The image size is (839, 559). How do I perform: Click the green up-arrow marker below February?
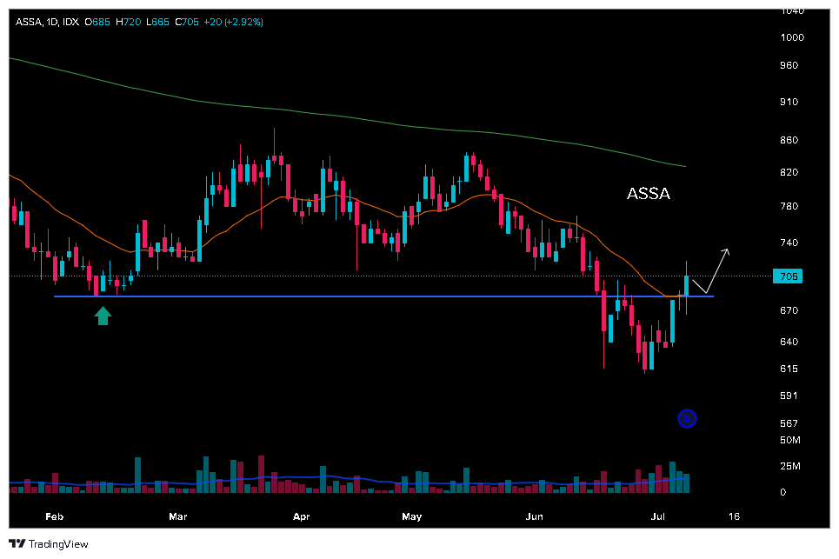pyautogui.click(x=103, y=316)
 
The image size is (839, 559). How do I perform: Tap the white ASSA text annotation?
pyautogui.click(x=649, y=194)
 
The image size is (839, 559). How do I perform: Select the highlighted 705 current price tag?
pyautogui.click(x=786, y=276)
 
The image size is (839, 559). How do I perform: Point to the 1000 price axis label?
pyautogui.click(x=792, y=37)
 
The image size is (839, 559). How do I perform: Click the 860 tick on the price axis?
pyautogui.click(x=789, y=140)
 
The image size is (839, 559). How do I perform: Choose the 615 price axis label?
pyautogui.click(x=789, y=369)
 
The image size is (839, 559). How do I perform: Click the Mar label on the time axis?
pyautogui.click(x=178, y=517)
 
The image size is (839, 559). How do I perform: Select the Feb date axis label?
pyautogui.click(x=55, y=517)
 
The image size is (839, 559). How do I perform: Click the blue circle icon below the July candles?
pyautogui.click(x=687, y=419)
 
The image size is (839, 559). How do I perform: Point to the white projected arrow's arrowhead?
pyautogui.click(x=726, y=251)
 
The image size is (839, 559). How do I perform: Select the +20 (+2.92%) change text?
pyautogui.click(x=233, y=21)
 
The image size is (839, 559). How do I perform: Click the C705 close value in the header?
pyautogui.click(x=187, y=21)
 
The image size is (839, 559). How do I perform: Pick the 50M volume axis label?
pyautogui.click(x=789, y=441)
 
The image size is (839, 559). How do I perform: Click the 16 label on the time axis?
pyautogui.click(x=734, y=517)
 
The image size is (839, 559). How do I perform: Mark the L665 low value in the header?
pyautogui.click(x=157, y=21)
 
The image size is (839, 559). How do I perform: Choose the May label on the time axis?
pyautogui.click(x=412, y=517)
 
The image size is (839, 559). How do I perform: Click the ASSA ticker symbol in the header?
pyautogui.click(x=29, y=21)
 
